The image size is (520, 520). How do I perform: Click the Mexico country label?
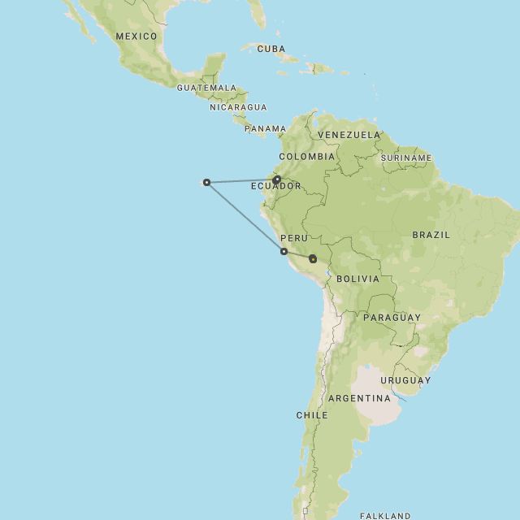coord(136,37)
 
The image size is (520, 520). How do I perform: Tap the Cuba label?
coord(271,49)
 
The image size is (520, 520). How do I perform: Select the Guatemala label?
coord(206,88)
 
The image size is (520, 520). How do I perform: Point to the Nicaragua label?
coord(238,107)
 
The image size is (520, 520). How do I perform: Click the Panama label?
coord(266,128)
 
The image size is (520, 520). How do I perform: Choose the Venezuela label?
coord(349,135)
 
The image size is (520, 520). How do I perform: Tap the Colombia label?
coord(306,156)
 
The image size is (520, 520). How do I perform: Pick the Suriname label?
coord(406,158)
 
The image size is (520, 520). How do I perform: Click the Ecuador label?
coord(275,186)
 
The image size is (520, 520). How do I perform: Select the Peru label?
coord(293,238)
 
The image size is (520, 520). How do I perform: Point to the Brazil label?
coord(431,235)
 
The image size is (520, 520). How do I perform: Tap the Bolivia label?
coord(357,279)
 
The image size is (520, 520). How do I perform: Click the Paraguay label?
coord(392,318)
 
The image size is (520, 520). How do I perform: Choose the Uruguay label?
coord(405,380)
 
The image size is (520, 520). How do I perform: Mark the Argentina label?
coord(359,398)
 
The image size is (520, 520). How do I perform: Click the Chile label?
coord(312,415)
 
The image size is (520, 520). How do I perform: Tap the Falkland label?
coord(385,515)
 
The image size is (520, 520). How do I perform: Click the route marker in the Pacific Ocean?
coord(206,182)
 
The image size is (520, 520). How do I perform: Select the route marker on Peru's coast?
coord(284,252)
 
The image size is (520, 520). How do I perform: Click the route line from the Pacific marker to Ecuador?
coord(241,180)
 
